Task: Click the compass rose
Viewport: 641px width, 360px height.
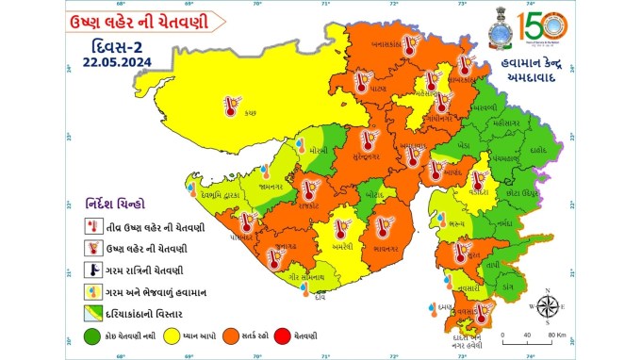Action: coord(544,305)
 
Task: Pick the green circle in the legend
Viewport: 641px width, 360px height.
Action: coord(91,335)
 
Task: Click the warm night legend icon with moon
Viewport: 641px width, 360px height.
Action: coord(92,270)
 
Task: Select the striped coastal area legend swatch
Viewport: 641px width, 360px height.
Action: coord(92,312)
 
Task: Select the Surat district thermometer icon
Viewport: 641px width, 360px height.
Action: coord(461,252)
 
